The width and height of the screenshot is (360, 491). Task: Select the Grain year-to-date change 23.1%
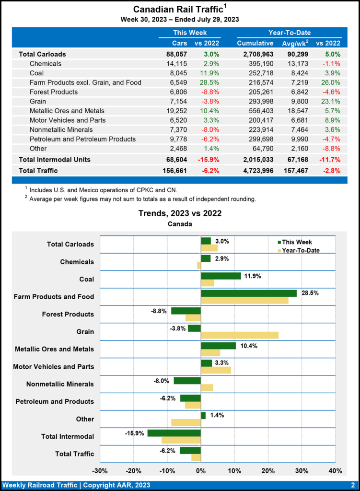click(329, 101)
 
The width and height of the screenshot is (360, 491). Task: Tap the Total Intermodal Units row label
click(54, 159)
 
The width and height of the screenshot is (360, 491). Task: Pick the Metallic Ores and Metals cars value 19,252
click(175, 111)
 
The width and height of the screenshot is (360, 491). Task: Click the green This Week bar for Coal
click(221, 276)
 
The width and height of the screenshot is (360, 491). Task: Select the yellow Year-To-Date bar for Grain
click(240, 335)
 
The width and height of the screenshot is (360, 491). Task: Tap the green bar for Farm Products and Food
click(249, 293)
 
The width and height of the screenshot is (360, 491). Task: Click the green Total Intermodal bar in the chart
click(174, 433)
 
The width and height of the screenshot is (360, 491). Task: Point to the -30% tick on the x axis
click(99, 470)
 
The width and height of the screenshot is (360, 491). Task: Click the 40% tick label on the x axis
click(335, 470)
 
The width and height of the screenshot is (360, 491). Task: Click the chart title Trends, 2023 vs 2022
click(180, 213)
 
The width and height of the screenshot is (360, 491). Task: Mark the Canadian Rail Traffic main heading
click(177, 9)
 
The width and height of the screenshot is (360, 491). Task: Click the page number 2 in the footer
click(352, 485)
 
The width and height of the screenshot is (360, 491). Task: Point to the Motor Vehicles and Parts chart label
click(53, 367)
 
